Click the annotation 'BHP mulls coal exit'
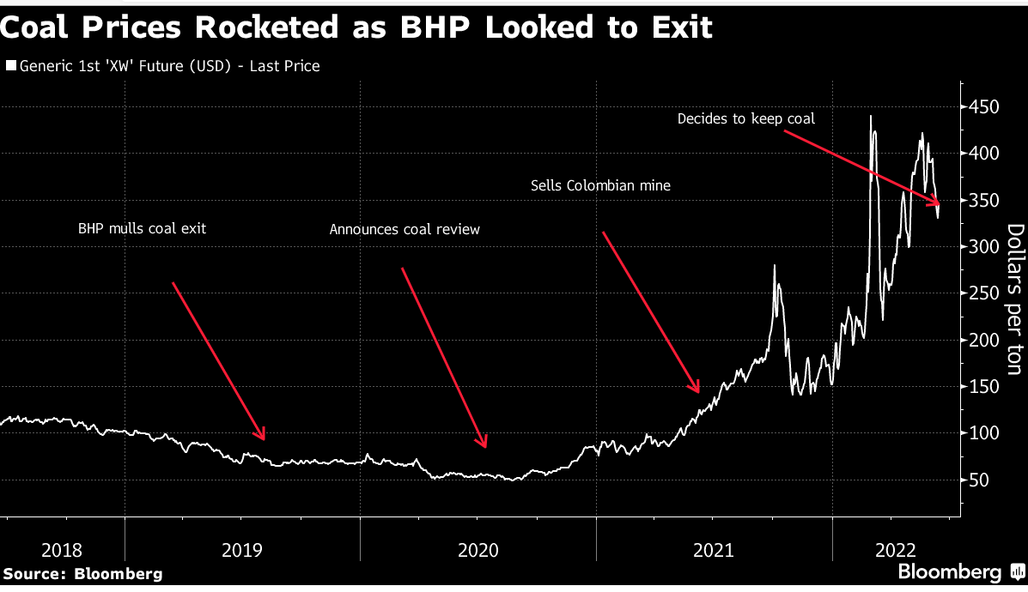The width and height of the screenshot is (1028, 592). (x=143, y=229)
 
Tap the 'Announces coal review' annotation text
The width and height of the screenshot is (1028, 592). (x=405, y=229)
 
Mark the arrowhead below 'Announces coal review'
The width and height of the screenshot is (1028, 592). (x=485, y=444)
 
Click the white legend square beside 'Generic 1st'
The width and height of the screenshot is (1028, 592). (x=11, y=66)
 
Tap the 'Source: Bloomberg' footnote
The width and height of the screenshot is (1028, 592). (x=82, y=574)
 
